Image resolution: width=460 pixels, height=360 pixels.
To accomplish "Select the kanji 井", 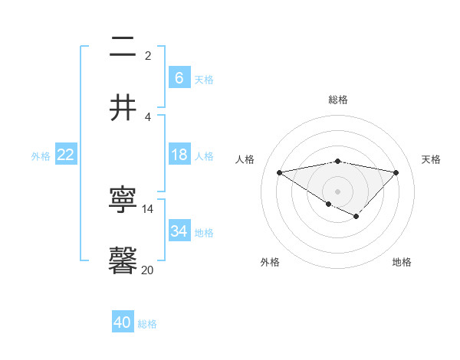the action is tap(123, 107).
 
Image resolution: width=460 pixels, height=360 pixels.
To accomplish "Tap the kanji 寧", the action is tap(123, 201).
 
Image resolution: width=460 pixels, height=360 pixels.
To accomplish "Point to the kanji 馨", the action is tap(123, 261).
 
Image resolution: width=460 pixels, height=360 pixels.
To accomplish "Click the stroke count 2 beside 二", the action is tap(148, 55).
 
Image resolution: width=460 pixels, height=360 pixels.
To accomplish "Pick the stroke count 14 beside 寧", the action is tap(148, 209).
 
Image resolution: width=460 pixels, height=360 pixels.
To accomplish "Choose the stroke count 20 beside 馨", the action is tap(148, 269).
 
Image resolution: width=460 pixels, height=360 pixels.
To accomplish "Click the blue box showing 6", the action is tap(179, 77).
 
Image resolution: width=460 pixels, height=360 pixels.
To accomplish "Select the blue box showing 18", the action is tap(179, 155).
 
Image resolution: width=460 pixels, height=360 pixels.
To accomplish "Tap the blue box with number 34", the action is tap(179, 231).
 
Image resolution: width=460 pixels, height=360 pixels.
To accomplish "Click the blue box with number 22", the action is tap(66, 155).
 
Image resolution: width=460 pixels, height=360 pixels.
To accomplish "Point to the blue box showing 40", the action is tap(122, 322).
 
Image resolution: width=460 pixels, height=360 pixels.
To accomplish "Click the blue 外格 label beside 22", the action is tap(41, 155).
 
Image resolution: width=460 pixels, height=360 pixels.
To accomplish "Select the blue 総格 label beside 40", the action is tap(147, 324).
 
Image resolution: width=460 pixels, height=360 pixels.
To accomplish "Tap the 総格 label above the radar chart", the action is tap(337, 100).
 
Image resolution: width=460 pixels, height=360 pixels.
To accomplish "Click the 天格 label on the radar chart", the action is tap(431, 159).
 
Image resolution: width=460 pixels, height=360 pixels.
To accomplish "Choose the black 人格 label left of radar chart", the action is tap(245, 159).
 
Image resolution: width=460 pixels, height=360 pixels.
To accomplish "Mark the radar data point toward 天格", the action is tap(396, 172).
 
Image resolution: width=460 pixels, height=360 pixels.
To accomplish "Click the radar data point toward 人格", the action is tap(279, 172).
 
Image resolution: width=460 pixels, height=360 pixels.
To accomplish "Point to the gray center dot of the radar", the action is tap(337, 191).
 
